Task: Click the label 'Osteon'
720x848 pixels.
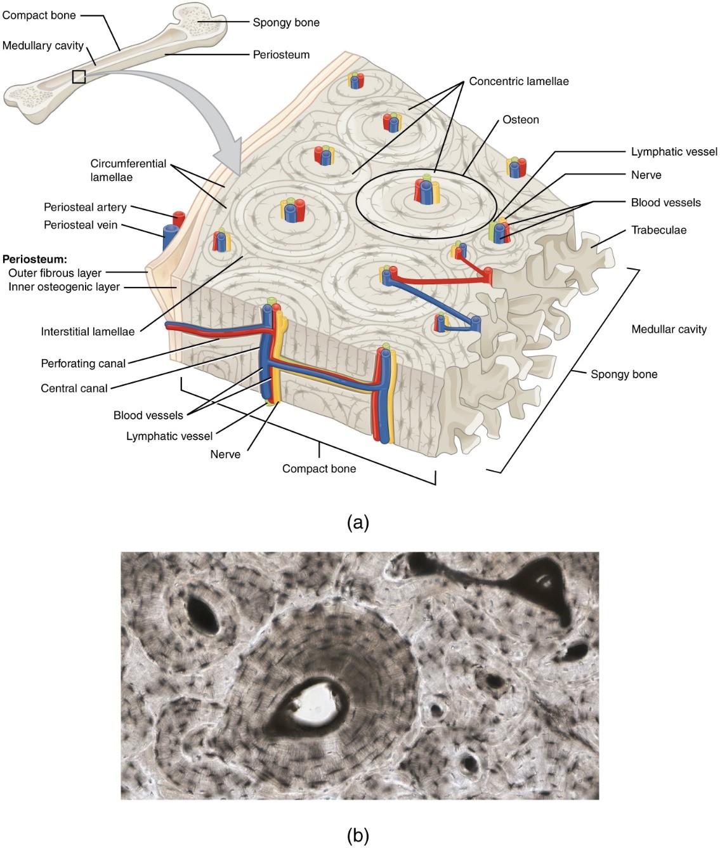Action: tap(520, 119)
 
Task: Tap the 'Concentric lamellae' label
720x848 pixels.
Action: tap(518, 81)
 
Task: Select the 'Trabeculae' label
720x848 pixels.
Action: tap(658, 230)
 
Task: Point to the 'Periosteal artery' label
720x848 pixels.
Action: tap(85, 207)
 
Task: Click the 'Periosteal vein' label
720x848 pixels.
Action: tap(81, 225)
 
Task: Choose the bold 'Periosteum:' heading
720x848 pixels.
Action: tap(34, 259)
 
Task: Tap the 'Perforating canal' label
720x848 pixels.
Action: tap(83, 364)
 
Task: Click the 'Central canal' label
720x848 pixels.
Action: tap(74, 388)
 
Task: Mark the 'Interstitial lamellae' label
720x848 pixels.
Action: tap(88, 331)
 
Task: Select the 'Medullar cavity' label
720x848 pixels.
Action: tap(669, 329)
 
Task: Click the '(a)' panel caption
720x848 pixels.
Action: tap(358, 522)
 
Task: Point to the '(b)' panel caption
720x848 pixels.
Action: tap(358, 836)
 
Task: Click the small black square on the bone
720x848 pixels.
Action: tap(79, 77)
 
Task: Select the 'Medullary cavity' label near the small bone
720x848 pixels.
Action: tap(43, 45)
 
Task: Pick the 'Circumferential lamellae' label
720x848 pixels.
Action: tap(128, 170)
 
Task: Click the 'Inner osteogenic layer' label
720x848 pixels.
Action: tap(64, 287)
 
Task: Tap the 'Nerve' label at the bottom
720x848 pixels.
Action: tap(225, 454)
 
